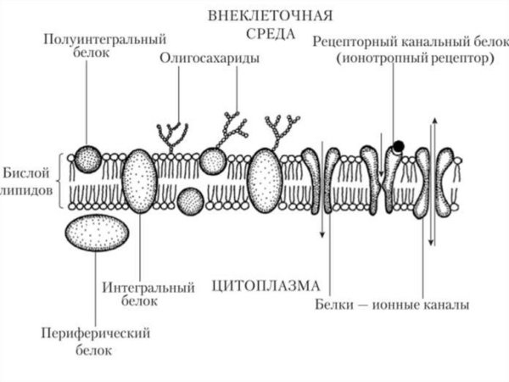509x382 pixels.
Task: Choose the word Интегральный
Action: pos(149,287)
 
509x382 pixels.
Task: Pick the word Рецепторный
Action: pos(349,42)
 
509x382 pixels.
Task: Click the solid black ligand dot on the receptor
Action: pos(398,146)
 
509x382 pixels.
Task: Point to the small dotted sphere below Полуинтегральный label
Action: pos(86,159)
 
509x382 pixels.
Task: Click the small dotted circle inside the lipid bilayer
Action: pos(191,201)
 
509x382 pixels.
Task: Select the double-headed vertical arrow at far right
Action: pos(432,183)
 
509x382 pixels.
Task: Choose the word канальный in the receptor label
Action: pos(419,42)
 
